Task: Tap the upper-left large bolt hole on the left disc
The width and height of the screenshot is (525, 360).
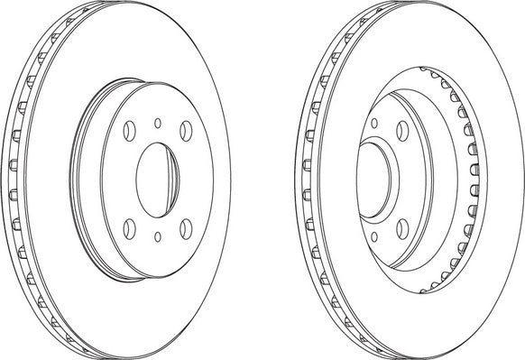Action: click(x=128, y=131)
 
